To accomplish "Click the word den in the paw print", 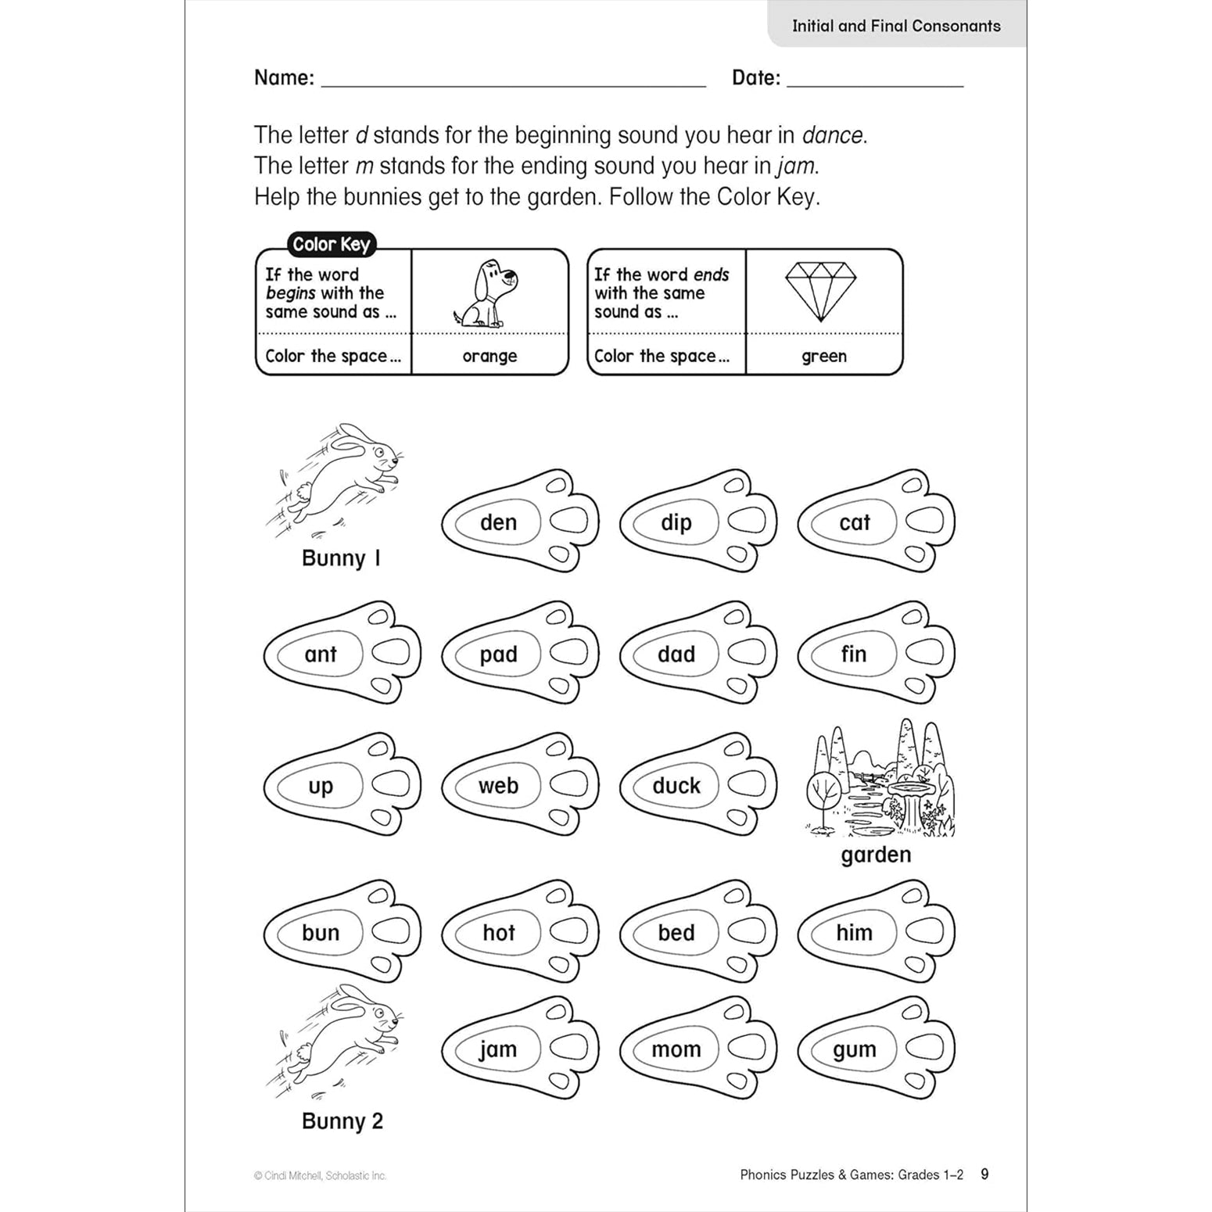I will [x=498, y=522].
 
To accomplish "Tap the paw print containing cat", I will [x=876, y=521].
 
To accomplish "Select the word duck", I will [x=676, y=785].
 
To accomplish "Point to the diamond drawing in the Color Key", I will [x=820, y=290].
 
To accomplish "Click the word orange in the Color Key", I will [x=489, y=357].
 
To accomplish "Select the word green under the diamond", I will [x=823, y=357].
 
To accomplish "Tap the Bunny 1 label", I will [x=341, y=558].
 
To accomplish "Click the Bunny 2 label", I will [x=342, y=1121].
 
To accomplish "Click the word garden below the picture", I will [x=876, y=855].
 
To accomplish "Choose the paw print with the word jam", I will [x=520, y=1048].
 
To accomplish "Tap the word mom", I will [x=676, y=1049].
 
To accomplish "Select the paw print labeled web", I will [x=520, y=784].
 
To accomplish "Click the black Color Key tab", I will [x=331, y=244].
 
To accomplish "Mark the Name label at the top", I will [x=284, y=77].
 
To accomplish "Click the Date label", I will [x=755, y=77].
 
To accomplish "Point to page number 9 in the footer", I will [x=984, y=1174].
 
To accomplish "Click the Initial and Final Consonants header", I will [x=896, y=26].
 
